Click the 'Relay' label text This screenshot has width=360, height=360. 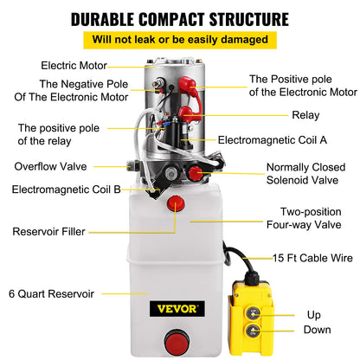[305, 114]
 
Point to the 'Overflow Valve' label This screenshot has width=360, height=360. [49, 166]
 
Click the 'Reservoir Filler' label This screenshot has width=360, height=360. [55, 231]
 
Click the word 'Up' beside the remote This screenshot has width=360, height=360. [315, 315]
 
